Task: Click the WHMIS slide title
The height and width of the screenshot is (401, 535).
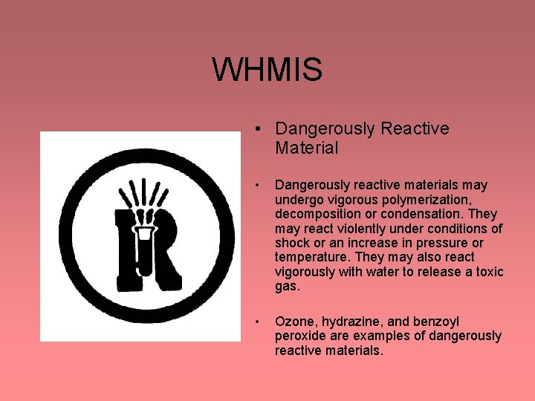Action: (x=267, y=70)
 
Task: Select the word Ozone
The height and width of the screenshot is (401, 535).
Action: (x=294, y=322)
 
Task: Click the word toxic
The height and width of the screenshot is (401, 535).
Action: (x=487, y=272)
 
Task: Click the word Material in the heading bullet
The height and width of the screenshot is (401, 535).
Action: (x=306, y=148)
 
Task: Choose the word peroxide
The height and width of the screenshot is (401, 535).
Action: (x=302, y=336)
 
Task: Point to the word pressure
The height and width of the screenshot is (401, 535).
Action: (x=445, y=243)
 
